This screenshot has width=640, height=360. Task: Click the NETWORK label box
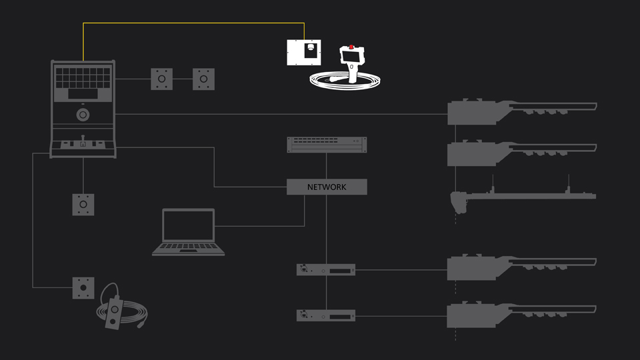pyautogui.click(x=327, y=187)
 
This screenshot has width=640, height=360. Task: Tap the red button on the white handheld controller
pyautogui.click(x=351, y=48)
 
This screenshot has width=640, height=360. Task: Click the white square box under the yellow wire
pyautogui.click(x=304, y=53)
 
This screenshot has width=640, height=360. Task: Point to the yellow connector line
pyautogui.click(x=193, y=23)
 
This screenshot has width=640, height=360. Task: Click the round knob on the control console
pyautogui.click(x=83, y=115)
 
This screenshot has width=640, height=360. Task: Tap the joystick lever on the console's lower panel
pyautogui.click(x=83, y=142)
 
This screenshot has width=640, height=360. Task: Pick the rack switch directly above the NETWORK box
pyautogui.click(x=327, y=144)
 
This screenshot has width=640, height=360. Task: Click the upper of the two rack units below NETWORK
pyautogui.click(x=325, y=269)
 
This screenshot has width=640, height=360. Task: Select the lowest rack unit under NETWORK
pyautogui.click(x=325, y=315)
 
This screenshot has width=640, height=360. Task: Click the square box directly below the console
pyautogui.click(x=83, y=205)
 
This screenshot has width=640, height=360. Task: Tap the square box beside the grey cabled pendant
pyautogui.click(x=83, y=288)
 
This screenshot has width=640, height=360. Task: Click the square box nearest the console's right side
pyautogui.click(x=161, y=79)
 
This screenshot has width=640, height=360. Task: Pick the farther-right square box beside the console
pyautogui.click(x=204, y=79)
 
